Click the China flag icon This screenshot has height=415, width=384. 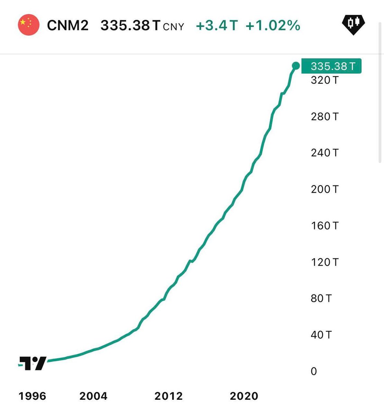coord(29,25)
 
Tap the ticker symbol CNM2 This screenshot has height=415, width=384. coord(68,25)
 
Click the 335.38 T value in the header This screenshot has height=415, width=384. coord(130,25)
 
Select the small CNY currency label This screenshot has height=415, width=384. coord(173,27)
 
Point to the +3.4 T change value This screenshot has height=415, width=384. coord(217,25)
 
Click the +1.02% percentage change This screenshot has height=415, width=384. coord(273,25)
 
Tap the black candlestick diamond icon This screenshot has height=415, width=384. coord(353,24)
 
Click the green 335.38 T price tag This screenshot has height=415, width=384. coord(331,66)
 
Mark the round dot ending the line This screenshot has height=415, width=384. coord(296,65)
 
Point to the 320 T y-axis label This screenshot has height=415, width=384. coord(324,80)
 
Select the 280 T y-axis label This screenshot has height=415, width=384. coord(324,117)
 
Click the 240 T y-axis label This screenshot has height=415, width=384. coord(324,153)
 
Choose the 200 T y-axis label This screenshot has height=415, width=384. coord(324,189)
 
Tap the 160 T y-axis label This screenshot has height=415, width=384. coord(324,225)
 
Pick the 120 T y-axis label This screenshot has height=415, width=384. coord(324,262)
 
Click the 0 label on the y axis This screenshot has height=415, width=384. coord(314,371)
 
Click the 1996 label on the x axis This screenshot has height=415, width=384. coord(32,396)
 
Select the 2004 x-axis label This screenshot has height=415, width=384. coord(93,396)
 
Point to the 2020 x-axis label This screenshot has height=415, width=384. coord(244,396)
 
